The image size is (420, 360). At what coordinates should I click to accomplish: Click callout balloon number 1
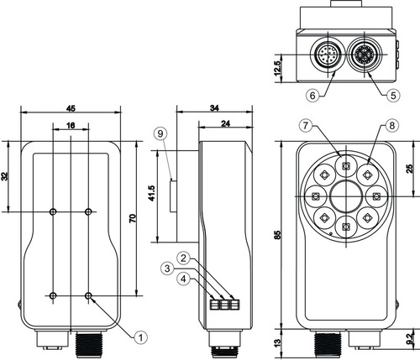click(140, 337)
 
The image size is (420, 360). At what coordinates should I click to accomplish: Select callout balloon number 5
click(393, 96)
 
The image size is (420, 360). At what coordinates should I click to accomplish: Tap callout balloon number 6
click(312, 96)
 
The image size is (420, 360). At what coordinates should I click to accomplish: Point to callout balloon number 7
click(306, 125)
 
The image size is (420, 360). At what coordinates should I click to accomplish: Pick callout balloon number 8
click(392, 125)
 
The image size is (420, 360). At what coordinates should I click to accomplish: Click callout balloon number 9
click(160, 133)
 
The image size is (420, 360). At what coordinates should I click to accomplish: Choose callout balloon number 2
click(183, 258)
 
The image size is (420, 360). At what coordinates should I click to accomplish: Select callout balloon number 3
click(167, 269)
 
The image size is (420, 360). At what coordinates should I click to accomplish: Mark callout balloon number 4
click(183, 279)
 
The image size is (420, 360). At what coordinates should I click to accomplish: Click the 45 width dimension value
click(71, 108)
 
